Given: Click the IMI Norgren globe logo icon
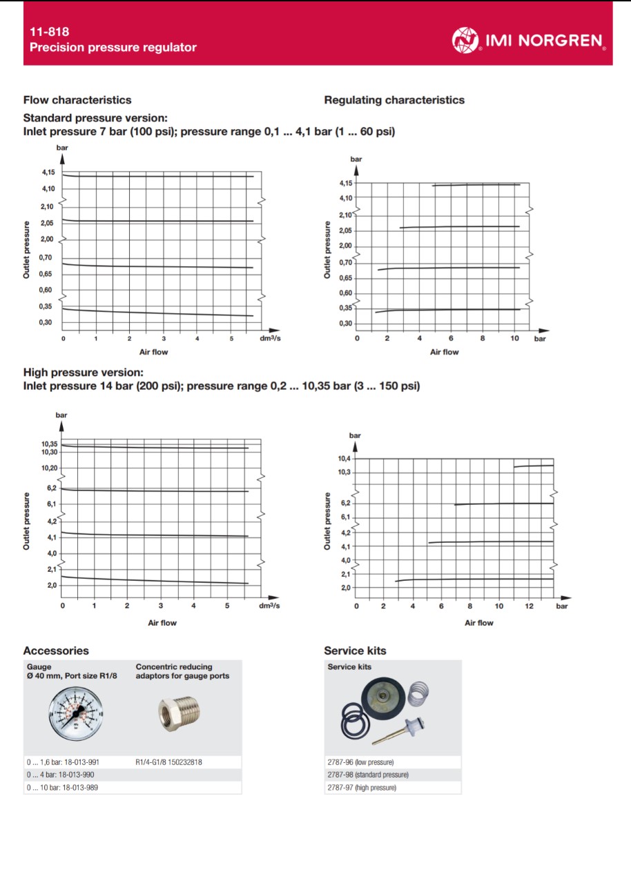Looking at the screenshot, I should [x=465, y=40].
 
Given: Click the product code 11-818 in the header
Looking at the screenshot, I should [x=49, y=32].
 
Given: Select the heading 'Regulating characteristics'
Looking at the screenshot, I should [x=394, y=100].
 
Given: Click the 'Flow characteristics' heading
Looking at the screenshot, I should [x=77, y=100].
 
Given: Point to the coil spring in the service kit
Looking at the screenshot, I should [x=418, y=693].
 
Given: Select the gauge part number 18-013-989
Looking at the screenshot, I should [x=63, y=787].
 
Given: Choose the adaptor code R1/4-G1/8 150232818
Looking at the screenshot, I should [x=169, y=762].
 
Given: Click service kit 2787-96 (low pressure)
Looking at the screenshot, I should [x=360, y=762].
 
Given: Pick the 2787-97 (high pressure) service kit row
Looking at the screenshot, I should [x=362, y=787].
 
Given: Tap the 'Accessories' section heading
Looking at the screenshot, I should [x=56, y=651].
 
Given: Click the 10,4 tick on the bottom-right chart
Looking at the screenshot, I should [x=344, y=459].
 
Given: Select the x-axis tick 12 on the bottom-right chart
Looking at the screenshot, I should [x=529, y=606].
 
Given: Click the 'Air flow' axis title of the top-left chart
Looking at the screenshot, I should [x=154, y=352].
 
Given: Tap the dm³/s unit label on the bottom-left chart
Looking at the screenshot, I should [x=269, y=606].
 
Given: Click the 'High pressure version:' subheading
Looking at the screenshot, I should [x=84, y=373].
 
